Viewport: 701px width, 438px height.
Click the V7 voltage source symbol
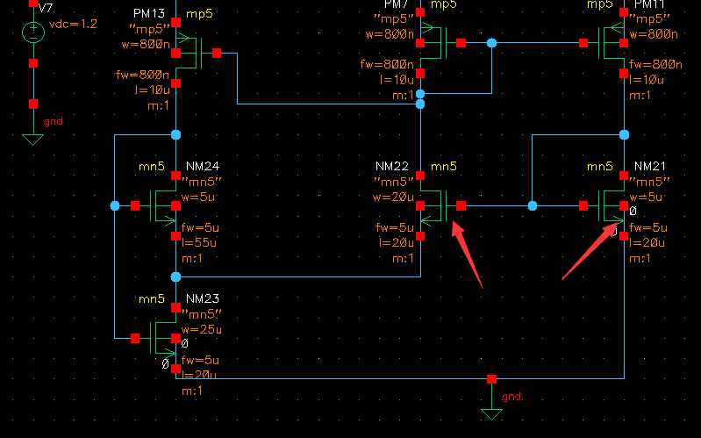[x=33, y=33]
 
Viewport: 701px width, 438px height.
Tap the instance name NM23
[x=202, y=298]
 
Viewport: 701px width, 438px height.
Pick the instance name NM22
[x=392, y=167]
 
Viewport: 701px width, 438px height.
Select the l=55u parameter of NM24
[x=198, y=242]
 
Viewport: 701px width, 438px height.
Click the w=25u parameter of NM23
[x=200, y=329]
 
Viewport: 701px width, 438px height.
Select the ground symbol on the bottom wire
[x=491, y=411]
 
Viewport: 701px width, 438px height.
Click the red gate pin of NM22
[x=461, y=206]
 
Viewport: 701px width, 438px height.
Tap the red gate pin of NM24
[x=135, y=206]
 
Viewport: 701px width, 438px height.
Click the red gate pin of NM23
[x=135, y=337]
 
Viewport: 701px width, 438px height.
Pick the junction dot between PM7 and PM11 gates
[x=491, y=42]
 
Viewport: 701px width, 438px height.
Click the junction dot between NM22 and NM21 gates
[x=533, y=206]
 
